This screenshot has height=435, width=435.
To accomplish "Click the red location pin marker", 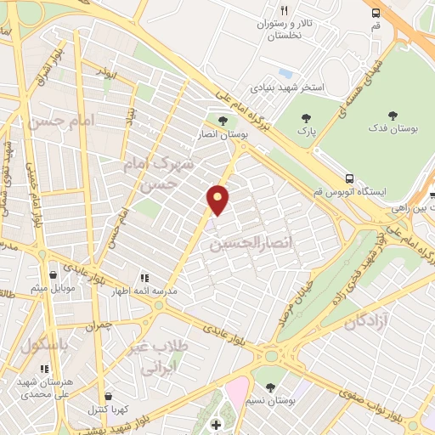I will (218, 199).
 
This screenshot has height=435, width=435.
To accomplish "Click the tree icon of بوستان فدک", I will (392, 115).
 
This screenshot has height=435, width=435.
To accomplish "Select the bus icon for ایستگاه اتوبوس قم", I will (349, 178).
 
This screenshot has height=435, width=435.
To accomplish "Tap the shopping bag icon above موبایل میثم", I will (54, 275).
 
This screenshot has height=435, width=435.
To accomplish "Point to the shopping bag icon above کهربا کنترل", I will (107, 396).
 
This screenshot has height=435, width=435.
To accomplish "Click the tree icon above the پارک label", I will (307, 120).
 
